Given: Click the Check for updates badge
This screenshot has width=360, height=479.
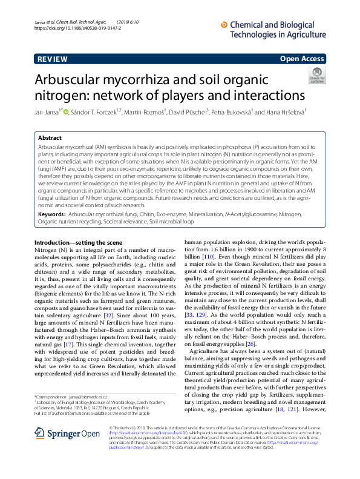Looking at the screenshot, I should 317,75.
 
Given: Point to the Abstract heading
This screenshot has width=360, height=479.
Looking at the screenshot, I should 50,138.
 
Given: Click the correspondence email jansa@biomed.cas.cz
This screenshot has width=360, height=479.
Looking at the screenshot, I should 95,396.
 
